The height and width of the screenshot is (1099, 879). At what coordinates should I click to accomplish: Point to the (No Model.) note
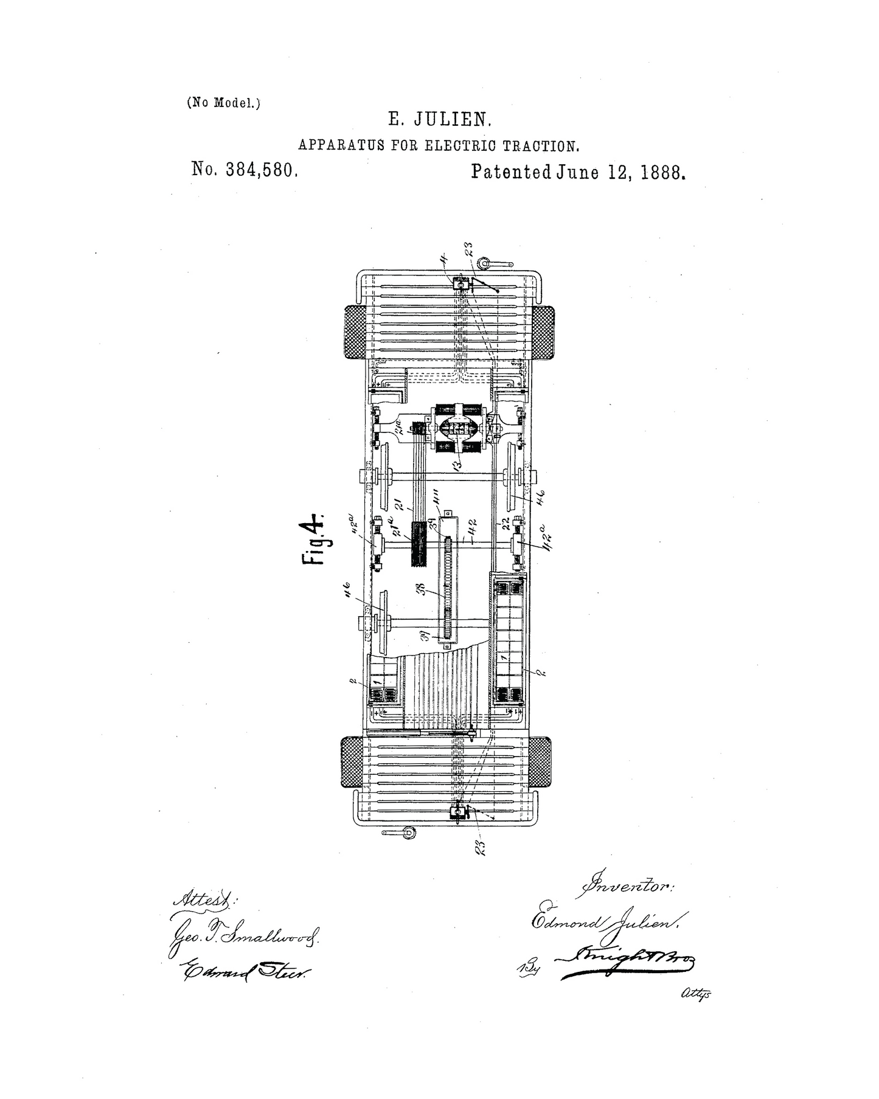[223, 103]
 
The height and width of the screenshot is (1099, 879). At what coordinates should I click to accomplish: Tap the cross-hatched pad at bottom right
[540, 763]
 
